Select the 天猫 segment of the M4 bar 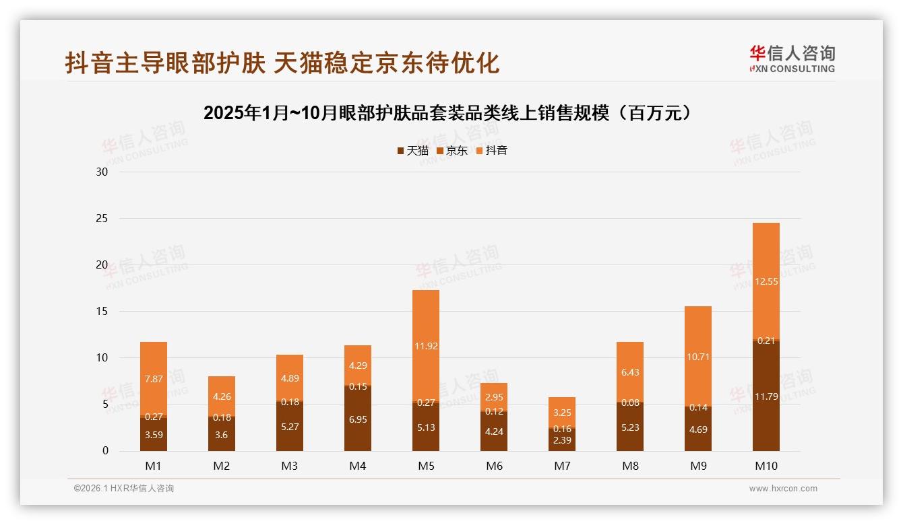point(358,419)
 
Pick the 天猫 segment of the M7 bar point(562,440)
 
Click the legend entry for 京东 point(452,151)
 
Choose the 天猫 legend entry point(412,151)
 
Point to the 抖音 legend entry point(492,151)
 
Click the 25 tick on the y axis point(102,218)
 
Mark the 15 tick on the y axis point(102,311)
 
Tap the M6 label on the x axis point(494,466)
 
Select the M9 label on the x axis point(698,466)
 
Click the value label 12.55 point(766,282)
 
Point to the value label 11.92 point(426,347)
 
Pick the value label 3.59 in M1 point(154,435)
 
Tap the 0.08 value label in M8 point(630,403)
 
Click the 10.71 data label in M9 point(698,357)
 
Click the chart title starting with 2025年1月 point(448,113)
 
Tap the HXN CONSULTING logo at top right point(792,59)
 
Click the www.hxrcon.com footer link point(783,489)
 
